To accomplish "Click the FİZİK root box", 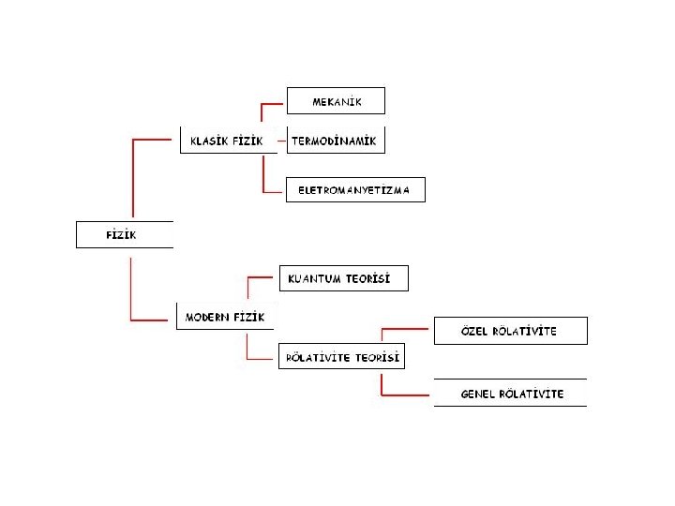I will pos(124,234).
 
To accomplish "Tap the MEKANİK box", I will pos(336,100).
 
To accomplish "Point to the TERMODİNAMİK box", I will pos(335,141).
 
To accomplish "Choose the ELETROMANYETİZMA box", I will pos(354,190).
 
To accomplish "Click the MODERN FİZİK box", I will pos(225,317).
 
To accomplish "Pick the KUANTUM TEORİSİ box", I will pos(344,278).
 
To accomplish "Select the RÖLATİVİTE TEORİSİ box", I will pos(342,357).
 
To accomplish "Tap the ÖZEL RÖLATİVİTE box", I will pos(510,331).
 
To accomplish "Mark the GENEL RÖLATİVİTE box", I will pos(510,394).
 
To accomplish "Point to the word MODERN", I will pos(206,317).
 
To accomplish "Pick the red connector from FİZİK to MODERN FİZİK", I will pos(131,290).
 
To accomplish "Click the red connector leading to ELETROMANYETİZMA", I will pos(264,178).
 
